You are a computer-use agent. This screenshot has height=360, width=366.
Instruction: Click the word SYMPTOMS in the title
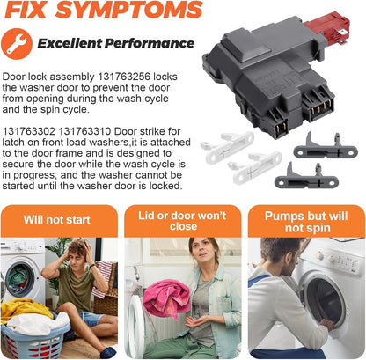[129, 10]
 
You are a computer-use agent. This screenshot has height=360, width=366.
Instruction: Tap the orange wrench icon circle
[17, 44]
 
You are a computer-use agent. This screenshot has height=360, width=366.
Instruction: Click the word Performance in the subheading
[150, 43]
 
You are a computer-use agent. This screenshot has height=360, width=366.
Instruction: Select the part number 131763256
[124, 77]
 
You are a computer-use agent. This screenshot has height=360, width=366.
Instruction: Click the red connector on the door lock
[328, 27]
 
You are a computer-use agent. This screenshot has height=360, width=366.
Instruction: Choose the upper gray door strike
[326, 147]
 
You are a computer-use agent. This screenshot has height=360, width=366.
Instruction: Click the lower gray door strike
[306, 177]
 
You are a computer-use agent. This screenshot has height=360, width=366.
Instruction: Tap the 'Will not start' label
[57, 220]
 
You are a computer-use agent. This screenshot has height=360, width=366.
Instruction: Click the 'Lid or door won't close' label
[182, 221]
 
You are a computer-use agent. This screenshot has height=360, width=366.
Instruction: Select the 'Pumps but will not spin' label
[306, 222]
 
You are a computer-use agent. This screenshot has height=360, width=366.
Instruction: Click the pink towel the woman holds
[166, 298]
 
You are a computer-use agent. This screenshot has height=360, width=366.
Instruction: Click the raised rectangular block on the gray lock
[246, 47]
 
